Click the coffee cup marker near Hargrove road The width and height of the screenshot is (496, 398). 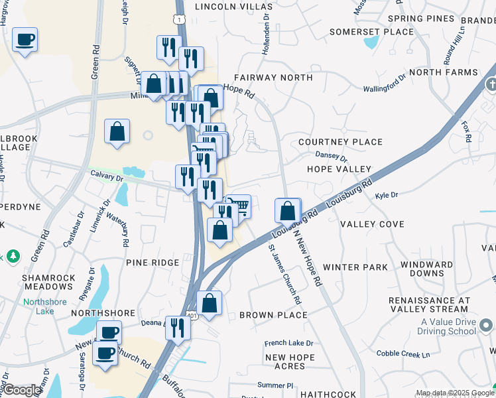point(25,40)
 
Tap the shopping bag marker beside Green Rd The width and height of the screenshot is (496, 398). point(117,131)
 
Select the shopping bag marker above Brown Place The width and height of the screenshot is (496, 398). point(210,303)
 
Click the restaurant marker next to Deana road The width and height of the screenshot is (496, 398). point(178,328)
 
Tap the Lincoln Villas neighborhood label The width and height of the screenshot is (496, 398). point(225,6)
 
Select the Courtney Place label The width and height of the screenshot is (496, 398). point(340,142)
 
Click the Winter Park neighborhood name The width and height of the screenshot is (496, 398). point(355,267)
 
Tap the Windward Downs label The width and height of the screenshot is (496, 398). point(422,269)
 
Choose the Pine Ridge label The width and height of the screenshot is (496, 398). point(153,263)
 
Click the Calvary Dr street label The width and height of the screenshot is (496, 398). point(107,178)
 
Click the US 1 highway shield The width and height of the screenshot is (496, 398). point(179,21)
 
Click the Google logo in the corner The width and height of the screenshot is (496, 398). point(22,390)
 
